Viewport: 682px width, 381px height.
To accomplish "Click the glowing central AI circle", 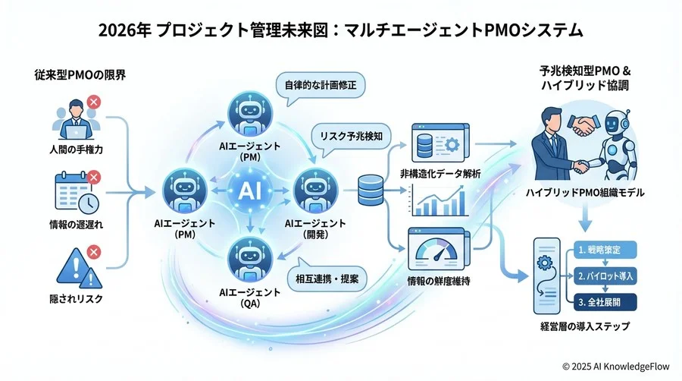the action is [250, 190].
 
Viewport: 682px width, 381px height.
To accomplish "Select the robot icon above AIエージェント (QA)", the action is [250, 259].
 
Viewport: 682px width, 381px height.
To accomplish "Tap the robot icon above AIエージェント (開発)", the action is [316, 190].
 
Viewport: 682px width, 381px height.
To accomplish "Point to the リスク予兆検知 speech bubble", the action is [351, 137].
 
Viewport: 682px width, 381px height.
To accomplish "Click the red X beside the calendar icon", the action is [93, 178].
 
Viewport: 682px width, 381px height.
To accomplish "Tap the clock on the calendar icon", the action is [89, 203].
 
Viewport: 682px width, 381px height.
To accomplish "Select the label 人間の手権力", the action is [76, 150].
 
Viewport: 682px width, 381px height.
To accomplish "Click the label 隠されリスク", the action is [76, 299].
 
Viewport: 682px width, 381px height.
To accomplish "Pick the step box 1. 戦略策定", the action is [605, 250].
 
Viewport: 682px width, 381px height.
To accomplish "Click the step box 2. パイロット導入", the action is [605, 276].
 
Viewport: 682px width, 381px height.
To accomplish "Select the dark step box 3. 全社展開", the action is [605, 302].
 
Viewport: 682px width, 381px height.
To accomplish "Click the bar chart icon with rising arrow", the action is [439, 200].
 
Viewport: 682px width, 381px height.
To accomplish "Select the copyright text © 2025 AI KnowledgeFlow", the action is [616, 367].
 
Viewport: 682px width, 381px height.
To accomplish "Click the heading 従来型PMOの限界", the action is [80, 75].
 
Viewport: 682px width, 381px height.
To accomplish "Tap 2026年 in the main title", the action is [125, 31].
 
